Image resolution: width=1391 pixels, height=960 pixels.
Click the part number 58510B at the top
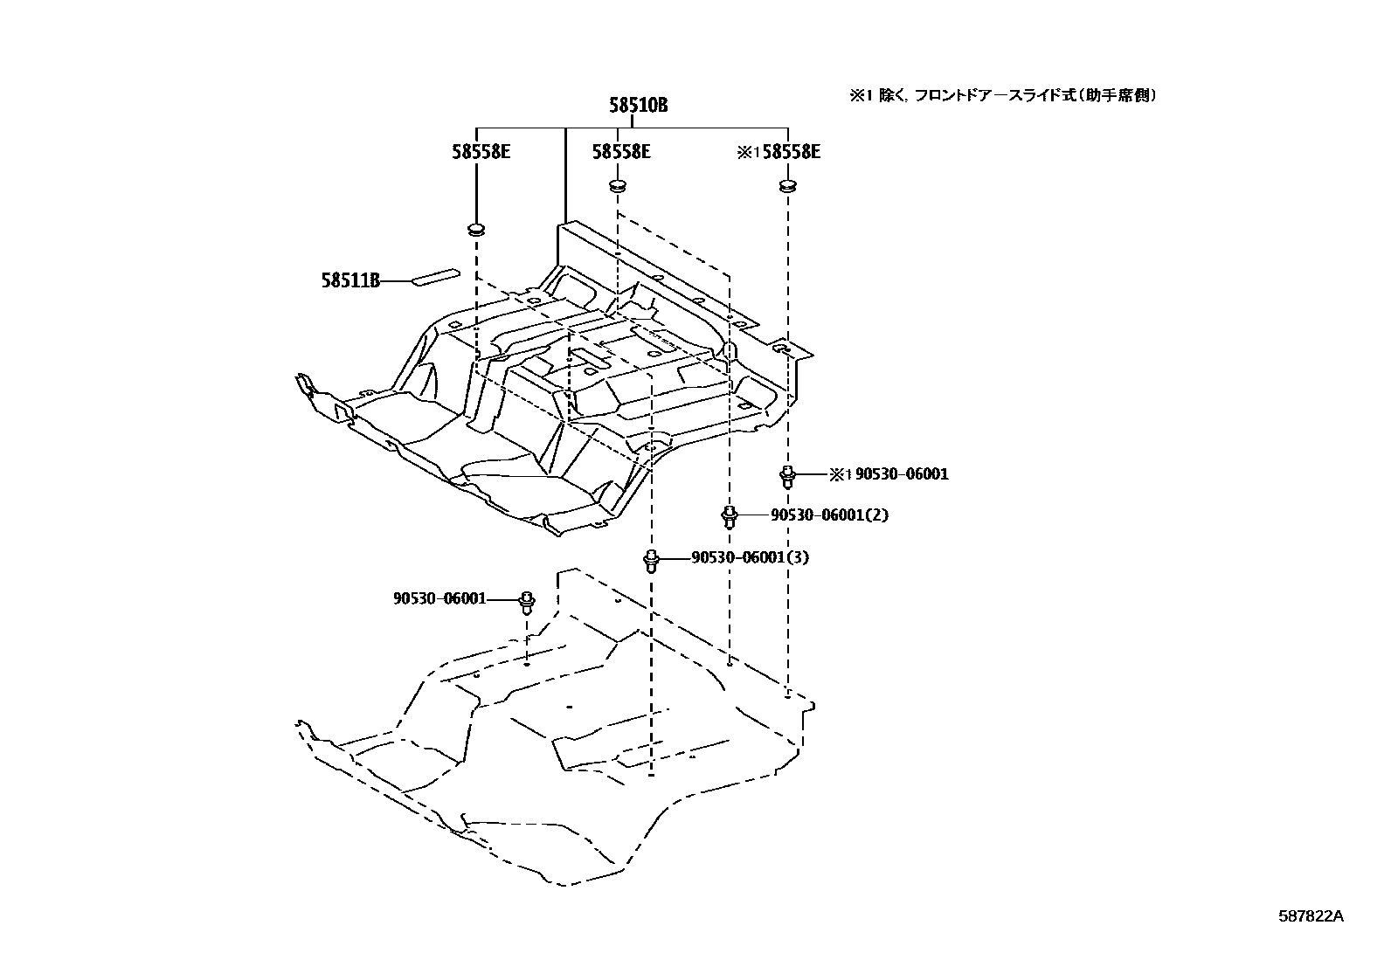click(x=638, y=106)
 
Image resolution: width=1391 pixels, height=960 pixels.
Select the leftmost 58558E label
click(x=481, y=151)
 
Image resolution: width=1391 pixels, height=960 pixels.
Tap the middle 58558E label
click(x=620, y=151)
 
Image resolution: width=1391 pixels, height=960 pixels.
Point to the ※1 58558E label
click(x=779, y=151)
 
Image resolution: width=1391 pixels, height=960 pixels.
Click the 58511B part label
click(x=349, y=281)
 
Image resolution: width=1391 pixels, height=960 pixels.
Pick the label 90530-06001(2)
click(x=829, y=515)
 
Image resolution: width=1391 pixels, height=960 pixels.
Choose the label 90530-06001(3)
click(x=750, y=557)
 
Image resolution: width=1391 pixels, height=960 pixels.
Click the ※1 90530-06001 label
click(x=889, y=474)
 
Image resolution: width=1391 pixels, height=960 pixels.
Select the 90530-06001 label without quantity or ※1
click(x=439, y=598)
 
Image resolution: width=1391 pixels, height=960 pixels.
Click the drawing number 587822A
click(x=1311, y=916)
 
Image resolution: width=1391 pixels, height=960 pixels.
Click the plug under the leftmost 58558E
click(x=477, y=231)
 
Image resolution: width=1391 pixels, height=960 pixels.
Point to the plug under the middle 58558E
click(x=618, y=186)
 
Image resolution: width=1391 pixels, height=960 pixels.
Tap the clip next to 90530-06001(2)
click(x=728, y=517)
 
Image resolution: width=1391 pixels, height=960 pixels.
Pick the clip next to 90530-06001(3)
click(x=650, y=560)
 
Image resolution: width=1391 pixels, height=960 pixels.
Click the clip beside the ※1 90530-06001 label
click(x=787, y=477)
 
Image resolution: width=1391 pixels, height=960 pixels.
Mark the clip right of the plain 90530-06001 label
click(x=527, y=601)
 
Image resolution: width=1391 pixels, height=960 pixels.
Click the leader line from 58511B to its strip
click(x=396, y=281)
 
